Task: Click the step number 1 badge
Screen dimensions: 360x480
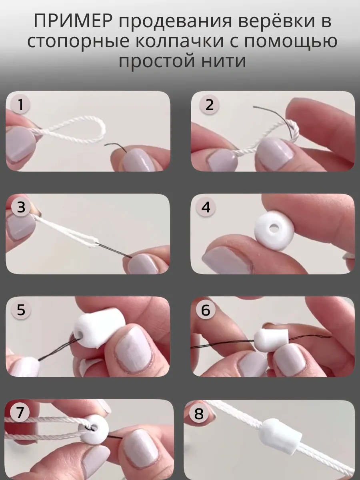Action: point(20,104)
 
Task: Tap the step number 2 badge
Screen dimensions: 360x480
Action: point(209,105)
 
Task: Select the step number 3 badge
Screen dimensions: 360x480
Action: point(21,207)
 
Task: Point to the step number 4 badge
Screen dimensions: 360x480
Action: point(206,207)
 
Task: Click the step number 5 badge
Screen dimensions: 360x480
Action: point(21,310)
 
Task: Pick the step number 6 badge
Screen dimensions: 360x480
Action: point(205,310)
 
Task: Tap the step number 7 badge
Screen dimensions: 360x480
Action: point(20,412)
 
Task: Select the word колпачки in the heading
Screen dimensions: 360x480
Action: point(180,41)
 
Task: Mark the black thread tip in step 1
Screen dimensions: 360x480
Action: point(105,144)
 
